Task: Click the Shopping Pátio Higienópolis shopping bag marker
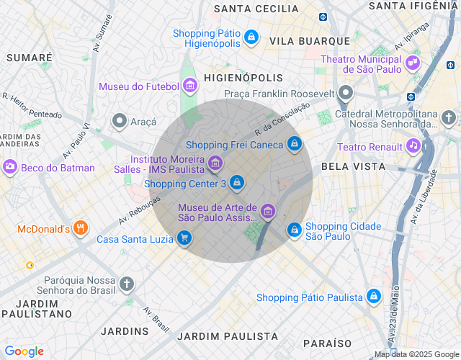pos(251,36)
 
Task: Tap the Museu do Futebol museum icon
pos(190,86)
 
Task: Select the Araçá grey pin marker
pos(119,122)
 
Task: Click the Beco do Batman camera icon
pos(10,167)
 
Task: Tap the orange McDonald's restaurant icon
pos(80,229)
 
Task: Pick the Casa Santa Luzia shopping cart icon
pos(184,238)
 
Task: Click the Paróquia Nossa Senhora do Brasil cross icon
pos(127,284)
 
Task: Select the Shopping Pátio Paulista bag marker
pos(373,297)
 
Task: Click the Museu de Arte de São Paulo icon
pos(268,212)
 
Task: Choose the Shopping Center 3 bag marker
pos(236,184)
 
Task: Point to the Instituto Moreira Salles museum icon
pos(215,164)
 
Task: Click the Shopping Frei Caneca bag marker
pos(294,144)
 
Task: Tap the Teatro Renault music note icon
pos(413,146)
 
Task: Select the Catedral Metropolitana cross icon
pos(449,117)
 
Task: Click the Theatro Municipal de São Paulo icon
pos(413,63)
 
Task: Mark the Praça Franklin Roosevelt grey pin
pos(346,93)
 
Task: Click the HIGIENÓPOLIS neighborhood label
pos(238,76)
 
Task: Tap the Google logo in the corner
pos(24,351)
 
